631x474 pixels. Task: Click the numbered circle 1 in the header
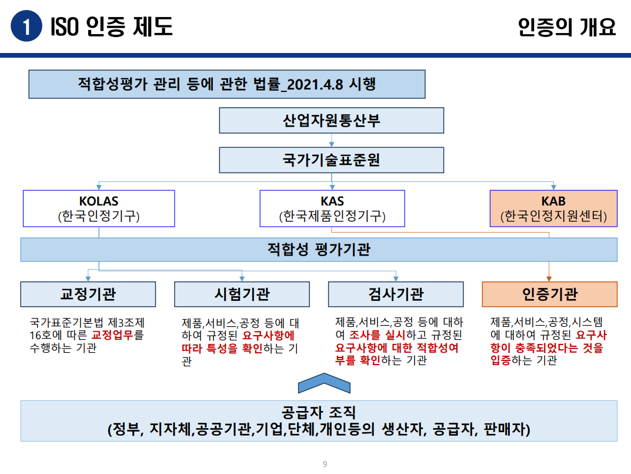(x=26, y=26)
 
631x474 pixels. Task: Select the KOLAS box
(x=99, y=208)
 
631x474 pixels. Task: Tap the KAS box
(x=332, y=208)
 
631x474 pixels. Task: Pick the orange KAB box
(x=553, y=208)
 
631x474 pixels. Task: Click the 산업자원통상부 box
(x=332, y=121)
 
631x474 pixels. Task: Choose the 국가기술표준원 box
(x=332, y=160)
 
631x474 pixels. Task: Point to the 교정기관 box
(x=88, y=294)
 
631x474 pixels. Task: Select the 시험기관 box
(x=242, y=294)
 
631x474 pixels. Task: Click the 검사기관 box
(x=396, y=294)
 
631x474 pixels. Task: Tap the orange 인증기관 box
(x=549, y=294)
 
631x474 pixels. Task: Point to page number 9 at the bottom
(x=325, y=465)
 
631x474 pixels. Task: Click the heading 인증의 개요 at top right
(x=567, y=27)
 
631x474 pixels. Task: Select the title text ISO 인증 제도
(x=112, y=27)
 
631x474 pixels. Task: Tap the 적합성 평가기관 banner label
(x=319, y=250)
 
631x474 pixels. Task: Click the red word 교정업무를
(x=118, y=336)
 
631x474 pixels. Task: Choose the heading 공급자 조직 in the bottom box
(x=319, y=412)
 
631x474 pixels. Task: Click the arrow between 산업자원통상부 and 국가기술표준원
(x=332, y=141)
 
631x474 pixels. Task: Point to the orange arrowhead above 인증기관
(x=549, y=278)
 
